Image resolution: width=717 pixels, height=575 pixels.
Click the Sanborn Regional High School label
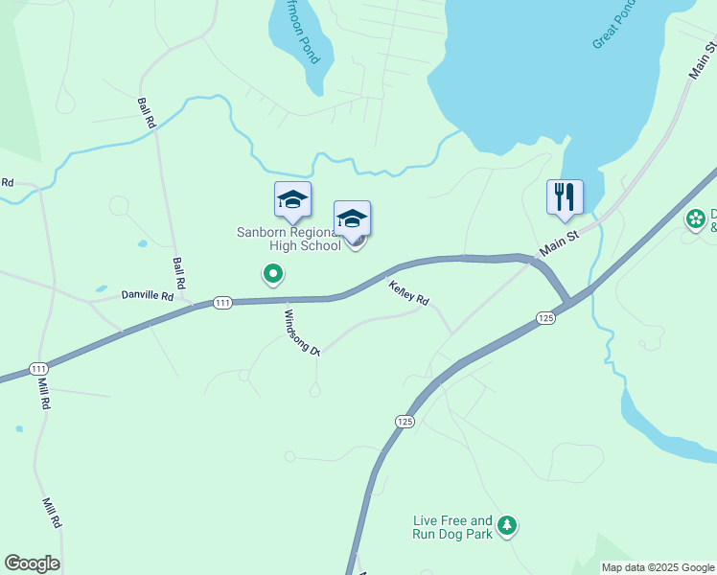289,239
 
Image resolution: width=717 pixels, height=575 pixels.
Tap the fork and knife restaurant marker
565,196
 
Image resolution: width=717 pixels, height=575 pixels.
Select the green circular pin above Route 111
273,275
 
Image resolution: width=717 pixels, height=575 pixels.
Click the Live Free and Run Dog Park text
452,526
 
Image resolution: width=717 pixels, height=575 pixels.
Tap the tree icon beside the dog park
507,525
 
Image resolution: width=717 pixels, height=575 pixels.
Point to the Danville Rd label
147,296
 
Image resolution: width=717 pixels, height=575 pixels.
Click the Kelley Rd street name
407,292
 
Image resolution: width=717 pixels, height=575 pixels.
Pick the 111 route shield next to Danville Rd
222,303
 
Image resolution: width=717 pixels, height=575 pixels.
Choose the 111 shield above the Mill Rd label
39,369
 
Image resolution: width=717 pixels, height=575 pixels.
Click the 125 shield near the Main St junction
545,317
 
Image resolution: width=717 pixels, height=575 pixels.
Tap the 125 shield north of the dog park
405,421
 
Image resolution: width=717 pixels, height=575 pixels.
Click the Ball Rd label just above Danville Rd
179,274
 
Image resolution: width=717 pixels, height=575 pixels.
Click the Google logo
32,563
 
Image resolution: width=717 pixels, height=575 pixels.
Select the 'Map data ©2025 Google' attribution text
657,567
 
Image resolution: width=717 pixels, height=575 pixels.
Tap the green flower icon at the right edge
695,219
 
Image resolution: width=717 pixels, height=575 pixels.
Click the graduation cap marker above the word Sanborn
292,198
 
